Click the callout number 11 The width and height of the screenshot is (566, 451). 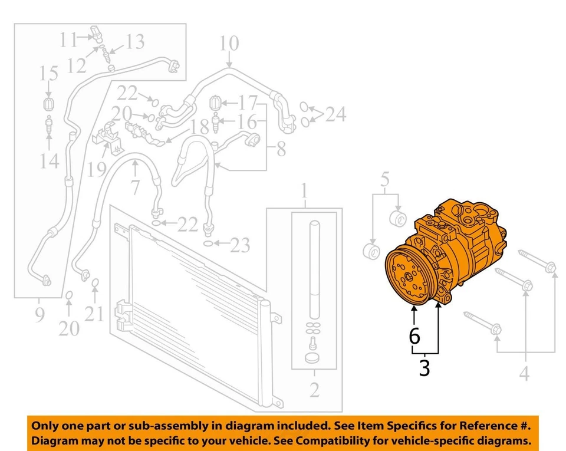pos(68,40)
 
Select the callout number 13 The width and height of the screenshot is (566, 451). pos(134,42)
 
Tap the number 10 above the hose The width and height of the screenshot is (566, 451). pos(229,44)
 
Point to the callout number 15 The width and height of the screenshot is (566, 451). pos(49,74)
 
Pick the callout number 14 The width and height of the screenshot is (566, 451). pos(50,160)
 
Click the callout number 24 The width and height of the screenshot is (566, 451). pos(335,114)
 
